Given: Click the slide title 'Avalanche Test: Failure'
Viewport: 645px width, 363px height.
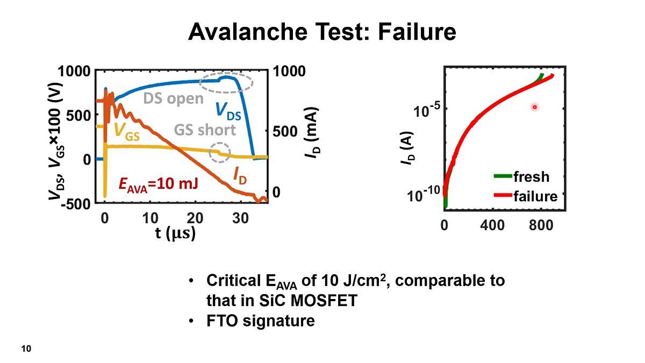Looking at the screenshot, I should tap(322, 32).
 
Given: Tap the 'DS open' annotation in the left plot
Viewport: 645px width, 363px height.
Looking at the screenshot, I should tap(173, 98).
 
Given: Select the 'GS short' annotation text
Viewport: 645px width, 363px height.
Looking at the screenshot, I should tap(205, 130).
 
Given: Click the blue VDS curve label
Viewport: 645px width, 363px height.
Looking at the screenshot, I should tap(228, 110).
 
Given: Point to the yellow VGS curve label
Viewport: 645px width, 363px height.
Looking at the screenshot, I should tap(127, 132).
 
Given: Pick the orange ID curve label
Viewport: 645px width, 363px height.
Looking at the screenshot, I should tap(240, 175).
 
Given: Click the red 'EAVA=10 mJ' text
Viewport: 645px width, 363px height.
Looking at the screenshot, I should tap(158, 184).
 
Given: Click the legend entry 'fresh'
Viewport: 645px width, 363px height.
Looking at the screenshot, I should tap(531, 176).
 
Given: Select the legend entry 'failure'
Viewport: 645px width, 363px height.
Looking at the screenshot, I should tap(535, 196).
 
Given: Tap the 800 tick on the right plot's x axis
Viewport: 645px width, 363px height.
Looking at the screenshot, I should tap(540, 225).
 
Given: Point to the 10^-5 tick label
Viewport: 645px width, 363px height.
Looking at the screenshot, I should tap(427, 111).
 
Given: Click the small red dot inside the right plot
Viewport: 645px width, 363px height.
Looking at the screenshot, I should tap(535, 107).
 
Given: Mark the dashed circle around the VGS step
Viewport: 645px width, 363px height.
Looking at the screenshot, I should tap(219, 153).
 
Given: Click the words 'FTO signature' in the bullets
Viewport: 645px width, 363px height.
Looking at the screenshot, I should tap(260, 321).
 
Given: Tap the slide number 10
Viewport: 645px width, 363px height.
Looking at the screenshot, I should tap(26, 349).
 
